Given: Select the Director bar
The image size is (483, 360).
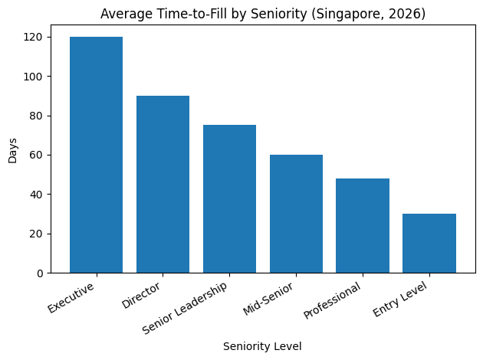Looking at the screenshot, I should click(x=163, y=184).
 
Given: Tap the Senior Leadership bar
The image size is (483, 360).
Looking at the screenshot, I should click(x=229, y=199).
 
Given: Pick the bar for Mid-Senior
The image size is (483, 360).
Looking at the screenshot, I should click(x=296, y=214).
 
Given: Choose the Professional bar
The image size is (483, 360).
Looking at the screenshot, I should click(x=363, y=225).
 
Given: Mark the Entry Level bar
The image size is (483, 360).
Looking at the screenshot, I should click(x=429, y=243).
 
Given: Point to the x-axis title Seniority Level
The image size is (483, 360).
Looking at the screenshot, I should click(x=262, y=346).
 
